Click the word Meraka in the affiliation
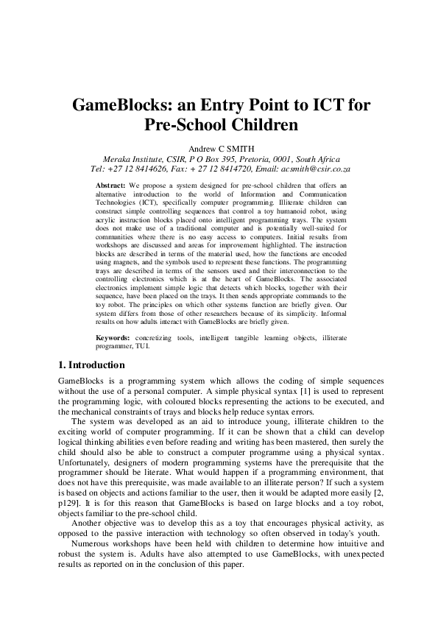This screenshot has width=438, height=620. click(x=121, y=158)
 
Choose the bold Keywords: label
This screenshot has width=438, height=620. click(x=114, y=338)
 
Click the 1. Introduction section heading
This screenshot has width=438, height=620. click(x=91, y=365)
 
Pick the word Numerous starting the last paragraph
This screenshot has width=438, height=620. click(x=94, y=548)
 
